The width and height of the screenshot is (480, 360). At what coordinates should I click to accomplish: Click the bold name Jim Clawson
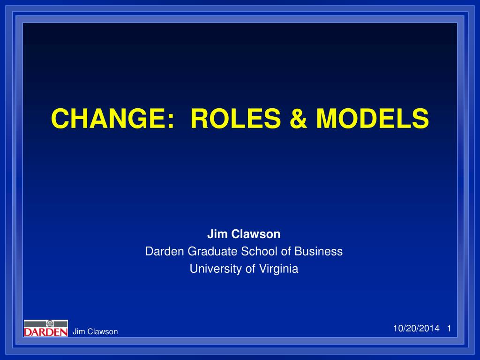coord(244,234)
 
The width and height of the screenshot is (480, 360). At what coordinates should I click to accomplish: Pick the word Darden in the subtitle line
coord(165,251)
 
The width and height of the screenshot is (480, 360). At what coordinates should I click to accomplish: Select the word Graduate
coord(213,251)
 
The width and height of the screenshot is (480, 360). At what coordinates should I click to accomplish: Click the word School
coord(259,251)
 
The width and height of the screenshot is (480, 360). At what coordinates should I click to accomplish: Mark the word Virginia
coord(277,269)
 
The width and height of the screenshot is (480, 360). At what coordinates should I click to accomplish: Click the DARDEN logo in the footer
coord(45,328)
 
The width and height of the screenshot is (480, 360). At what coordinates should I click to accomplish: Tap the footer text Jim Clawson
coord(95,332)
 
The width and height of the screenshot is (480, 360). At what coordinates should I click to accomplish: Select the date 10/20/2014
coord(416,329)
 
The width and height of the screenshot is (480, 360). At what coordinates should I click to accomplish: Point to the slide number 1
coord(449,329)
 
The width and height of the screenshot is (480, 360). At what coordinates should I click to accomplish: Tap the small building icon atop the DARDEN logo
coord(50,323)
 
